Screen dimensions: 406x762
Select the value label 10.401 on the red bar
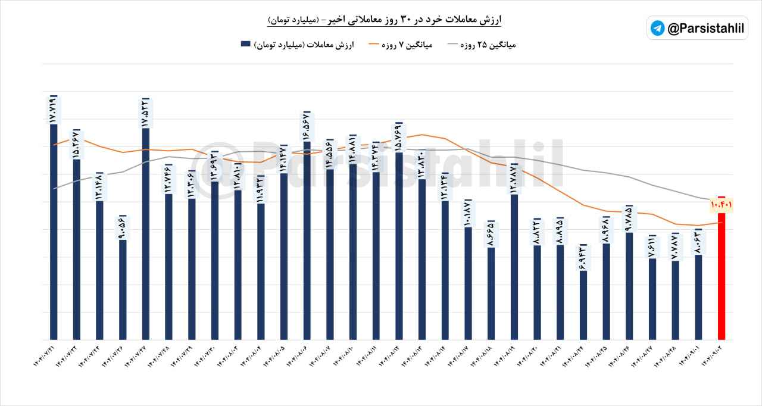721,205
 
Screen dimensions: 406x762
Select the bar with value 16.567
307,238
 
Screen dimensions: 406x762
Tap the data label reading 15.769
399,138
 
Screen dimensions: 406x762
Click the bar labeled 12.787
514,268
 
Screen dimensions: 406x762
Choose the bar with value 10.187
468,283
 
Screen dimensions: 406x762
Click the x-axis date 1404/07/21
47,358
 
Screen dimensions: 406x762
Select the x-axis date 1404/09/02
714,358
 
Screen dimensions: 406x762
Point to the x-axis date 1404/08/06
300,358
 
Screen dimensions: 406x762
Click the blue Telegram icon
658,28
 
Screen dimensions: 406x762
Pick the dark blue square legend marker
245,44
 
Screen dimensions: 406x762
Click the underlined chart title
384,20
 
